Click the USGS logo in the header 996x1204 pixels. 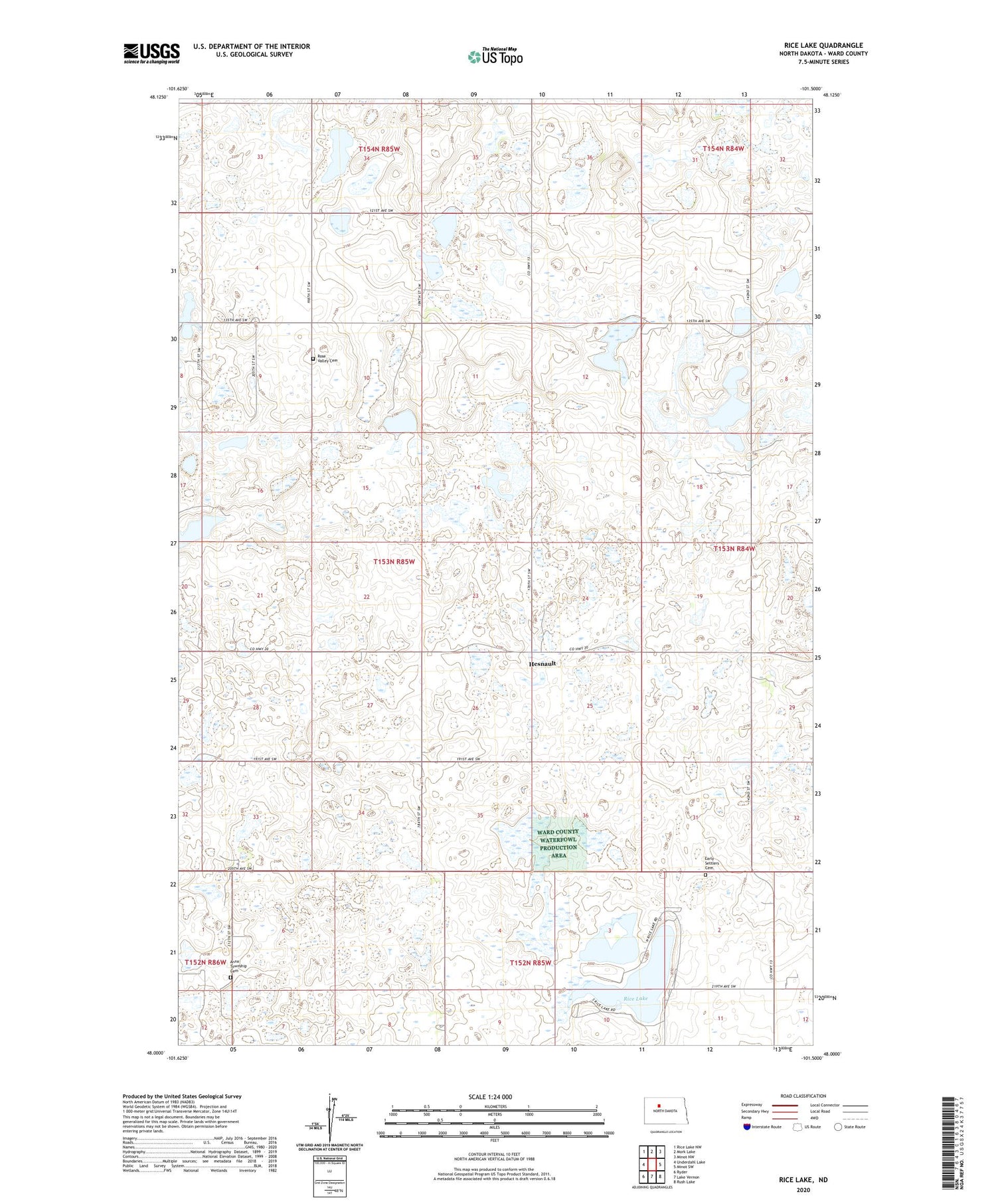point(151,52)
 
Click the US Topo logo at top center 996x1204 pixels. point(495,56)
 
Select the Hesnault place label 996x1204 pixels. point(542,663)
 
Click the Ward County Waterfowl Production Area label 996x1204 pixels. point(558,843)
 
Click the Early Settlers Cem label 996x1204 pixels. point(712,863)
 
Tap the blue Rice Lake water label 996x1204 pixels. point(635,998)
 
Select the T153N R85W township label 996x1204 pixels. point(394,562)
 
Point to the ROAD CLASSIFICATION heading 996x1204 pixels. point(803,1096)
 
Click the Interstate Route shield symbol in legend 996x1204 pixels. point(746,1126)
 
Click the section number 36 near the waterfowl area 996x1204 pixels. point(586,816)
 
